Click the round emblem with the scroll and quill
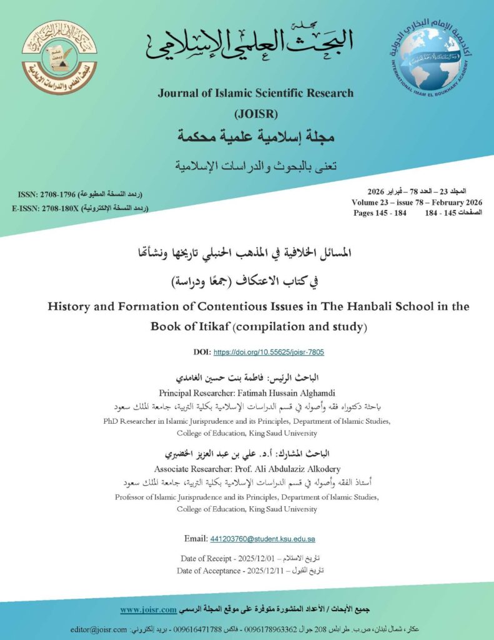pyautogui.click(x=60, y=57)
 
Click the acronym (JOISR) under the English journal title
pyautogui.click(x=255, y=114)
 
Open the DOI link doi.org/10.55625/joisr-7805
pyautogui.click(x=269, y=352)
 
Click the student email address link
pyautogui.click(x=262, y=539)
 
